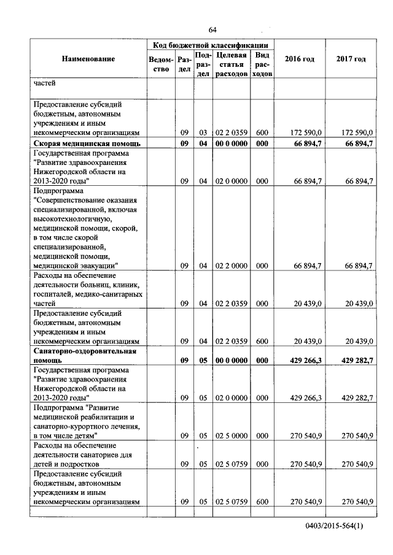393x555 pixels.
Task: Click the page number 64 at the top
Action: tap(212, 30)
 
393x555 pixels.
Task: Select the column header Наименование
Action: tap(88, 59)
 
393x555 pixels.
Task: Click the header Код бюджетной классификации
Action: tap(210, 45)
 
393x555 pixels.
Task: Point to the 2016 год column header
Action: tap(300, 59)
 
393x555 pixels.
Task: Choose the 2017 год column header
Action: tap(351, 59)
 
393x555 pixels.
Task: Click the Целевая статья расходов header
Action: tap(232, 64)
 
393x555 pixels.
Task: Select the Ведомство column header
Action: tap(160, 64)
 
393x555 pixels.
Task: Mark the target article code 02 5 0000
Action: tap(231, 436)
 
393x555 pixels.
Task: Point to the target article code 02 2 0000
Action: tap(231, 266)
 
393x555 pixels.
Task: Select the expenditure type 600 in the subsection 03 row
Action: tap(262, 132)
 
